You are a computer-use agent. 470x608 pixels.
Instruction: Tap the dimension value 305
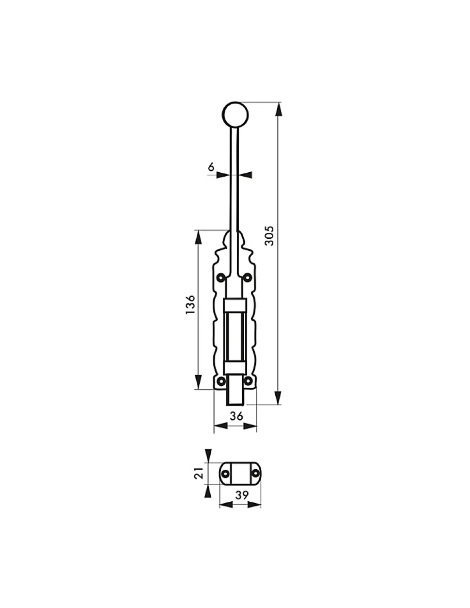[x=269, y=236]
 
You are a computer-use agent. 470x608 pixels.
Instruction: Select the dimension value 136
[x=190, y=304]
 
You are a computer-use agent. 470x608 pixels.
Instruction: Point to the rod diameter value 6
[x=211, y=167]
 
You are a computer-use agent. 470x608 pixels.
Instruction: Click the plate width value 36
[x=236, y=416]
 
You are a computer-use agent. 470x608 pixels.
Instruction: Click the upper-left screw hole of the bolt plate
[x=221, y=278]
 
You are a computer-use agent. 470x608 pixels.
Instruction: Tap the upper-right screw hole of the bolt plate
[x=247, y=278]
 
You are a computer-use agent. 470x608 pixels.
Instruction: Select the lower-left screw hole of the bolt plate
[x=221, y=381]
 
